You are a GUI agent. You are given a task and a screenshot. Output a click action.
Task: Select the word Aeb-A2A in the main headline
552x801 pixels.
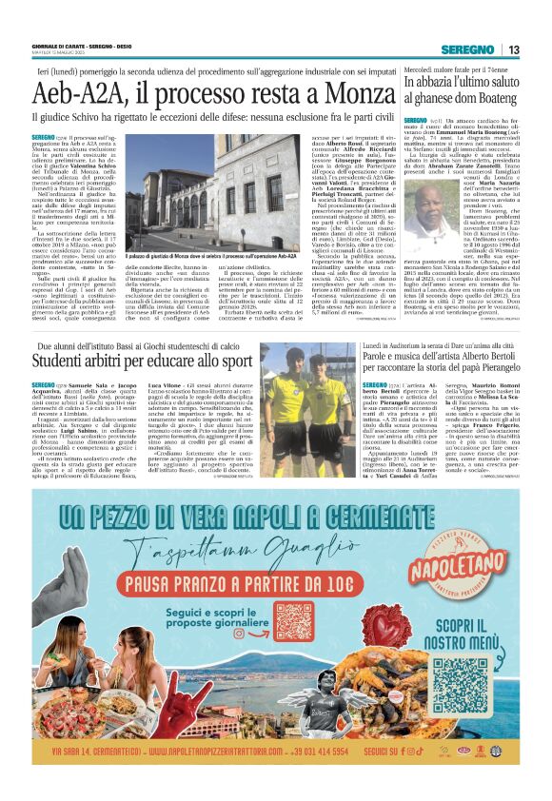(77, 94)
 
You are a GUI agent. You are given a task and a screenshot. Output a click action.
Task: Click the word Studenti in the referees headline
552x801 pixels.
(61, 361)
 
